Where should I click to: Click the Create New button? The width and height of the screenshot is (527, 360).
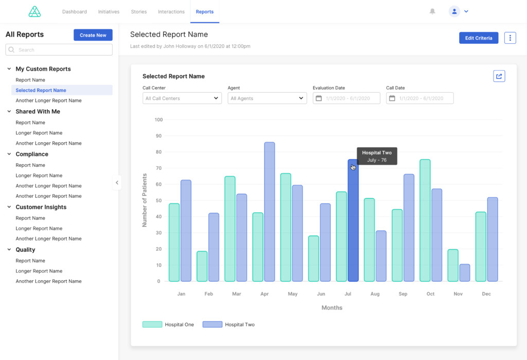pos(93,35)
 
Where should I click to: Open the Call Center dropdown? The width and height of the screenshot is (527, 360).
pos(182,98)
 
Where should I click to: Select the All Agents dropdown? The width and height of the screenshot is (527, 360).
pos(267,98)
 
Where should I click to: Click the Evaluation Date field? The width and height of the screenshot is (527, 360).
pos(346,98)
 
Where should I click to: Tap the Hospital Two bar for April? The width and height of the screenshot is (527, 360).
pos(269,212)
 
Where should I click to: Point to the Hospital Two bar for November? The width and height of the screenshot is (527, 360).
pos(464,273)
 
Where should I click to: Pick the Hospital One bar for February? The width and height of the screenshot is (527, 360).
pos(202,266)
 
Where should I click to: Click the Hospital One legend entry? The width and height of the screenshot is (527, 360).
pos(168,324)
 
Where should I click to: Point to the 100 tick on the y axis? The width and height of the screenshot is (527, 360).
pos(158,120)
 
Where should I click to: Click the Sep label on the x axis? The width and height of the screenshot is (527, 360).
pos(402,294)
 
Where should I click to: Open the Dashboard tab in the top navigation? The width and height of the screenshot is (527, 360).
pos(75,12)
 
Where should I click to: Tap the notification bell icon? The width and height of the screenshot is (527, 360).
pos(432,11)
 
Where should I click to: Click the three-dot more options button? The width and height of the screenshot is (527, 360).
pos(510,38)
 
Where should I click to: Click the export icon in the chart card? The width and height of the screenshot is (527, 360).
pos(499,76)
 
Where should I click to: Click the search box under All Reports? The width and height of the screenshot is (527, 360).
pos(59,49)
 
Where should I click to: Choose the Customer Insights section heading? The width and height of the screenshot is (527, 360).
pos(41,207)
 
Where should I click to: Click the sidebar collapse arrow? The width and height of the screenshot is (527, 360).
pos(117,182)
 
